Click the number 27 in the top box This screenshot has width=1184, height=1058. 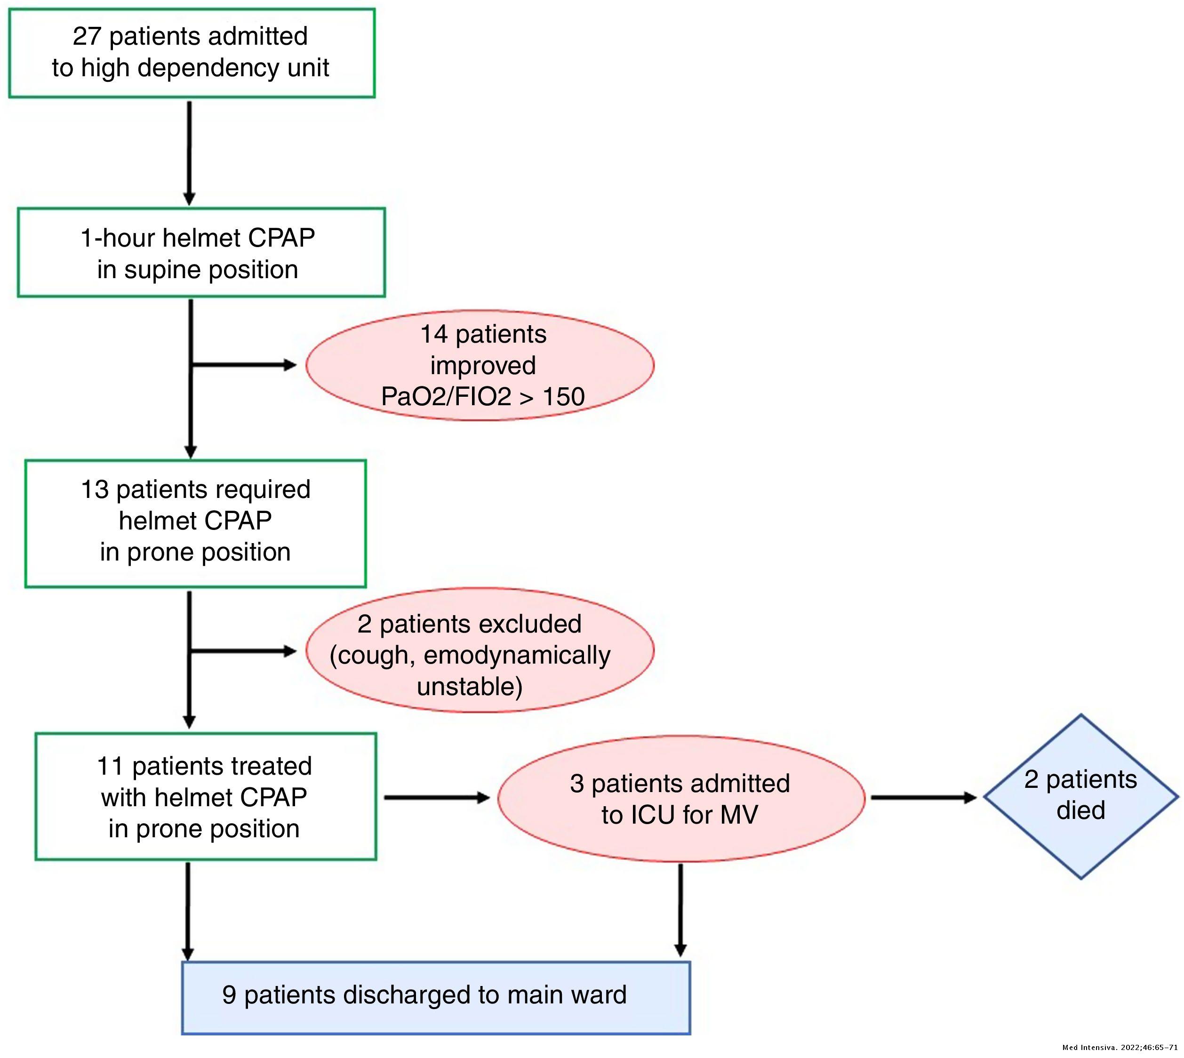pos(87,37)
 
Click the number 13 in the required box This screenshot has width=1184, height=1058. pos(94,489)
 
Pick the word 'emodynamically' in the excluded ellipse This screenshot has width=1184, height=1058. pos(517,655)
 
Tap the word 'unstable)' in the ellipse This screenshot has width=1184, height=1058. pos(470,687)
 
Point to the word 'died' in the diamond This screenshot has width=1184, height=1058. pos(1080,810)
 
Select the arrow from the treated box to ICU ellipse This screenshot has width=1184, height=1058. pos(437,798)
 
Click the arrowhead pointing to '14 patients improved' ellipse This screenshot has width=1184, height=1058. pos(289,365)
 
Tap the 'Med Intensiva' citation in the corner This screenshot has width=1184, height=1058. pos(1120,1048)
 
